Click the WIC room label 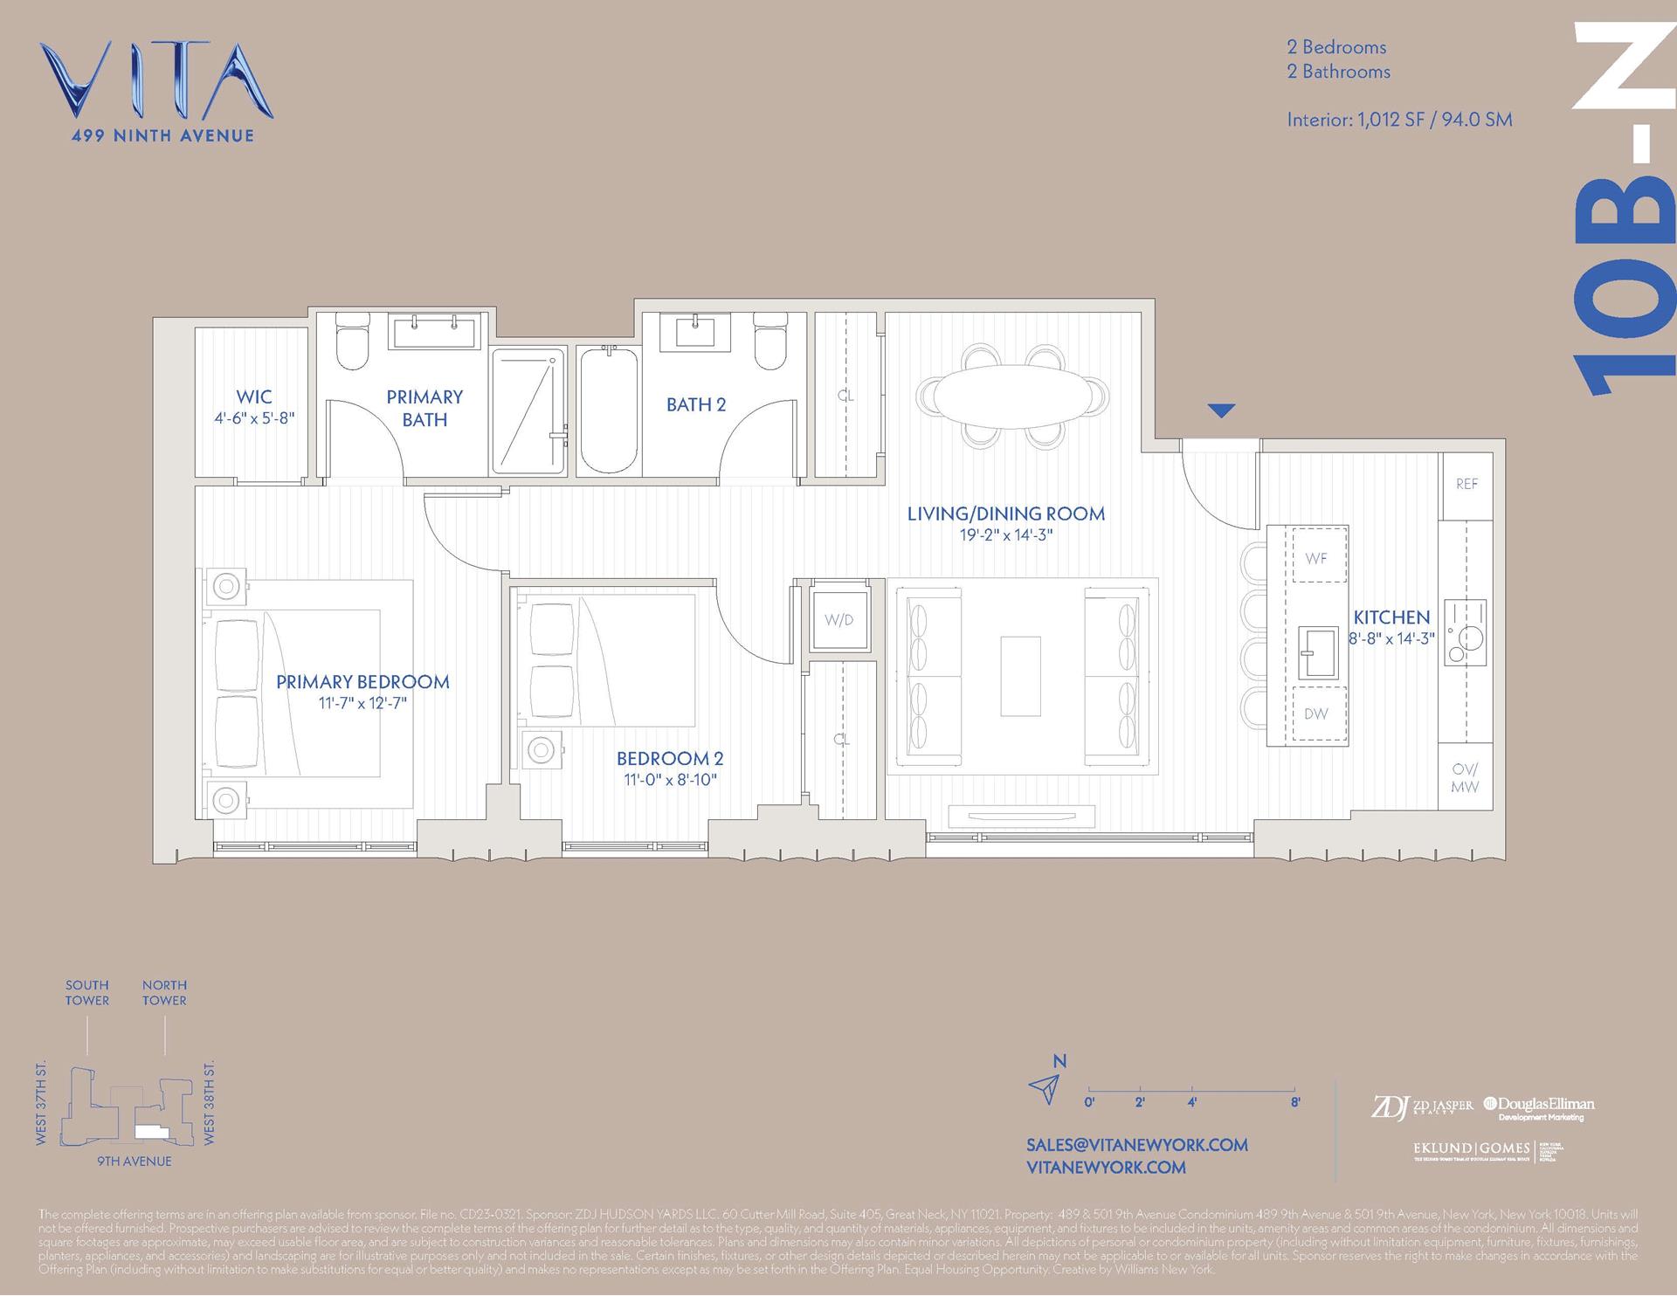(x=253, y=397)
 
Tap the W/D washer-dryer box (x=838, y=620)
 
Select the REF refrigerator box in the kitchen (x=1467, y=484)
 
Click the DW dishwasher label (x=1315, y=713)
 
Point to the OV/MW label (x=1465, y=778)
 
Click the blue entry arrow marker (x=1221, y=410)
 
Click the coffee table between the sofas (x=1020, y=675)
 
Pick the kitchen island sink (x=1317, y=652)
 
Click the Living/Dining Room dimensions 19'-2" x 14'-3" (x=1006, y=535)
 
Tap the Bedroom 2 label (x=670, y=758)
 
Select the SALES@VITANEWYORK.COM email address (x=1136, y=1145)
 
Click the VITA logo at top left (x=157, y=83)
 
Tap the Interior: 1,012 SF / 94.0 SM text (x=1398, y=120)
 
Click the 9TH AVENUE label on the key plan (x=134, y=1161)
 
